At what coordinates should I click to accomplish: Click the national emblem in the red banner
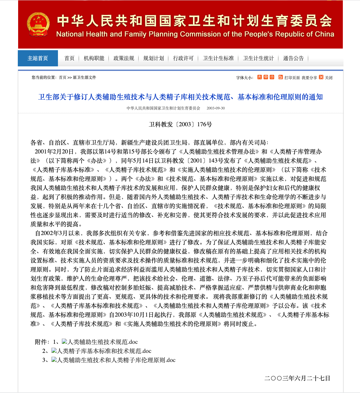[x=38, y=25]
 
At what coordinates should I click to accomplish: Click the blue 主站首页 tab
[x=38, y=58]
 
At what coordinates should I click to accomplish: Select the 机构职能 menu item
[x=94, y=58]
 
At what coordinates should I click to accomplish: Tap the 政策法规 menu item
[x=124, y=58]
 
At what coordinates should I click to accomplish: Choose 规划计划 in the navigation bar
[x=153, y=58]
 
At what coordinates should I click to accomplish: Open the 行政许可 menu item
[x=183, y=58]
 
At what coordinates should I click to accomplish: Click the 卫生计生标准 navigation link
[x=218, y=58]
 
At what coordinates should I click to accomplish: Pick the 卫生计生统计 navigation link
[x=258, y=58]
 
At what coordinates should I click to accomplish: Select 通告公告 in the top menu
[x=293, y=58]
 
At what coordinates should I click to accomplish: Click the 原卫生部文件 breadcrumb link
[x=84, y=78]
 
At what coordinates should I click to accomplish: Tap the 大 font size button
[x=260, y=77]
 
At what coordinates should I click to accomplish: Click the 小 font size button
[x=272, y=77]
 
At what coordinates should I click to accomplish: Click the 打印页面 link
[x=292, y=78]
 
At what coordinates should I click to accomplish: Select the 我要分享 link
[x=309, y=78]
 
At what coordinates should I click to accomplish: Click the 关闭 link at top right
[x=329, y=78]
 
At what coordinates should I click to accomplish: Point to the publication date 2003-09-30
[x=216, y=108]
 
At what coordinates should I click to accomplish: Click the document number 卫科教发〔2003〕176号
[x=180, y=124]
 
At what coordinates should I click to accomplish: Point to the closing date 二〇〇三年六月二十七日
[x=297, y=378]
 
